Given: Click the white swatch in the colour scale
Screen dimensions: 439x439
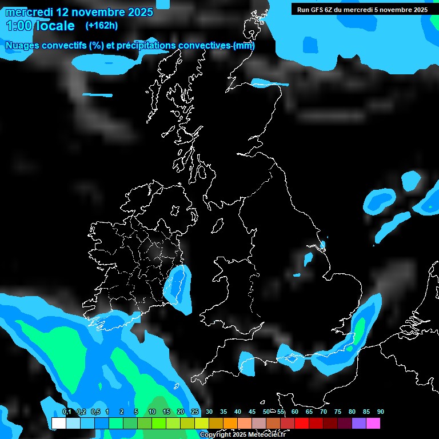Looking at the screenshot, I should tap(58, 423).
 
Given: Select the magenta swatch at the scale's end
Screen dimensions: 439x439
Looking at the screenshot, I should tap(373, 423).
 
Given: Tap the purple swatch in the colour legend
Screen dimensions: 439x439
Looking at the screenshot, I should tap(359, 423).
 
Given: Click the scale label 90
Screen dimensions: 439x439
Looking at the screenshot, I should tap(381, 412).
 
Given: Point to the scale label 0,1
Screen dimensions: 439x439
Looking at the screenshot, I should tap(66, 412).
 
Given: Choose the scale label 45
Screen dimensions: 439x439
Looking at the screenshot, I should tap(252, 412).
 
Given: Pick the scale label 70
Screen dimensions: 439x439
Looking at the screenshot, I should tap(324, 412).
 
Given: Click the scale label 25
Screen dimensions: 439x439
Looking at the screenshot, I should tap(195, 412).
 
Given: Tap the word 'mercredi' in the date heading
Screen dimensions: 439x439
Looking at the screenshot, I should tap(29, 12).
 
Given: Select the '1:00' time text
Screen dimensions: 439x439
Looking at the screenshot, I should tap(18, 26).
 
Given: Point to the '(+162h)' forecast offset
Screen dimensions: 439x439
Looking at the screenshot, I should tap(101, 26).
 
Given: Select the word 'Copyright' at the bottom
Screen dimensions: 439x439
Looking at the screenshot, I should tap(215, 434).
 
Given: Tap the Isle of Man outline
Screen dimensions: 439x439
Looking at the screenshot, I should tap(218, 226).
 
